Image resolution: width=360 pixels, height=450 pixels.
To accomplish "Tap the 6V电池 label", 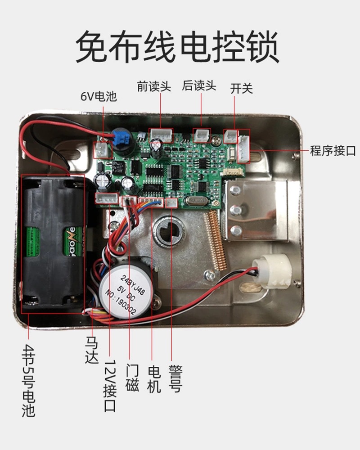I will pyautogui.click(x=99, y=96).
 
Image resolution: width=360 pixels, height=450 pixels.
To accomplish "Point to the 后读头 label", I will pyautogui.click(x=199, y=85).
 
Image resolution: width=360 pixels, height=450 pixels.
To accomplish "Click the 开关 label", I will pyautogui.click(x=242, y=88).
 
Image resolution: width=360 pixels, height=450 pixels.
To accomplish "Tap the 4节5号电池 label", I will pyautogui.click(x=28, y=381).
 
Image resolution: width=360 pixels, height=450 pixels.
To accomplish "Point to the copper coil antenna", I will pyautogui.click(x=214, y=241).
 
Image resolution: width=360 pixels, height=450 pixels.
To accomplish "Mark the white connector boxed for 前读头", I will pyautogui.click(x=161, y=135).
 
